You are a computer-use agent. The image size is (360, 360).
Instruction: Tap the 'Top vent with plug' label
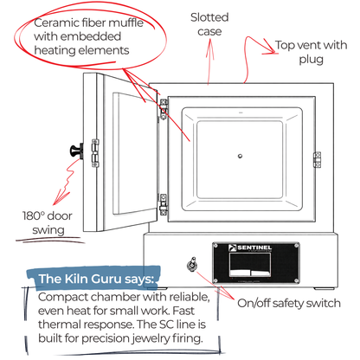point(312,52)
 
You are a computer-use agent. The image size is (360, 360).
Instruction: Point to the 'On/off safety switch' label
point(289,303)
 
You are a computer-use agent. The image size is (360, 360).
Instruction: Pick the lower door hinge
point(162,202)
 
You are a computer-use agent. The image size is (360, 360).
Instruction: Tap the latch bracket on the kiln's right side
point(318,158)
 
